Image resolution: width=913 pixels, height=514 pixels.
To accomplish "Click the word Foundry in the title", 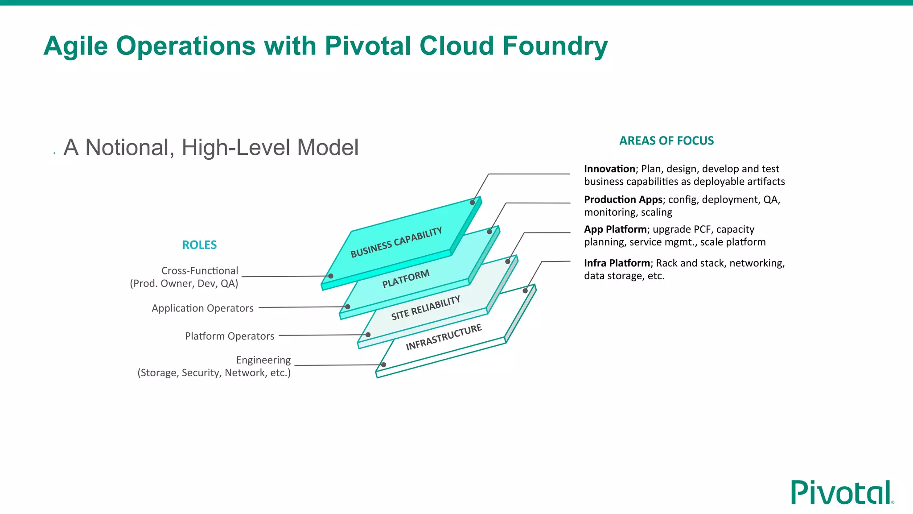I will pos(555,46).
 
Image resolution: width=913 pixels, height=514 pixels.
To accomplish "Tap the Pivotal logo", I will pos(842,493).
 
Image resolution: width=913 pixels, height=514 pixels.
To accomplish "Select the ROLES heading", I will pos(199,245).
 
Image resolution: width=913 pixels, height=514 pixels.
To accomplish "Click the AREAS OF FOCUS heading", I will pos(666,141).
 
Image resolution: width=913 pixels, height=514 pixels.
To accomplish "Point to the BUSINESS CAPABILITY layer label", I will pos(396,243).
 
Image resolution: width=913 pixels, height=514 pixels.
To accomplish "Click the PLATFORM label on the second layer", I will pos(406,278).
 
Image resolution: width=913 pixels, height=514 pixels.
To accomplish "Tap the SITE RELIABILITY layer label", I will pos(425,308).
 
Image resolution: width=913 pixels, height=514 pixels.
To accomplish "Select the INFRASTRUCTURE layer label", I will pos(444,337).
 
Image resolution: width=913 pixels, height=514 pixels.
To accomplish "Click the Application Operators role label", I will pos(202,308).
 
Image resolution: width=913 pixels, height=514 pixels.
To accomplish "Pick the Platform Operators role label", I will pos(230,336).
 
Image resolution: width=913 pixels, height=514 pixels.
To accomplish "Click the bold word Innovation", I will pos(609,169).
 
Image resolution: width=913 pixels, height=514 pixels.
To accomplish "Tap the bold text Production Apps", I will pos(623,199).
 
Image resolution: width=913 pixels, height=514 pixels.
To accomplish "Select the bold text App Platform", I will pos(615,229).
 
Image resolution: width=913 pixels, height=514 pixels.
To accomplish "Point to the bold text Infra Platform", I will pos(617,263).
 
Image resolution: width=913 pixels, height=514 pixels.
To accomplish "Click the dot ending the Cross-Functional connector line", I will pos(331,276).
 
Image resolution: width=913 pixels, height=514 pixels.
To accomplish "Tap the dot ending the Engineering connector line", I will pos(383,365).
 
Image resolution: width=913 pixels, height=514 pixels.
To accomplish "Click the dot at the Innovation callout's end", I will pos(472,203).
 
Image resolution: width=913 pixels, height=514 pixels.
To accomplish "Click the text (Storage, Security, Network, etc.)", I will pos(214,373).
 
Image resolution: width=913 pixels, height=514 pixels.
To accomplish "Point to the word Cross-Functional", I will pos(199,271).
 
